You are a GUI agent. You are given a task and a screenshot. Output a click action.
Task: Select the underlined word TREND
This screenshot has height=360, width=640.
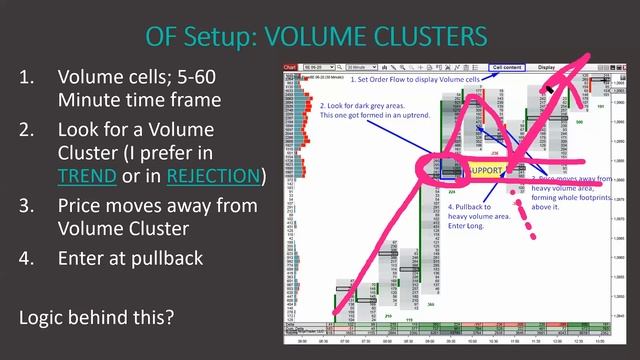[x=87, y=177]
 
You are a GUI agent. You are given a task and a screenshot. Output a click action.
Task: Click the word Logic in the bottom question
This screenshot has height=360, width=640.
[x=43, y=318]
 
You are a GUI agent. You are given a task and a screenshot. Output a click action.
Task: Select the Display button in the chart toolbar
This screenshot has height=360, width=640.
[x=547, y=68]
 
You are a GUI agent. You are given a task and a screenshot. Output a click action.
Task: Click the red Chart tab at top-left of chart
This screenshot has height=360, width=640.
[x=291, y=68]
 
